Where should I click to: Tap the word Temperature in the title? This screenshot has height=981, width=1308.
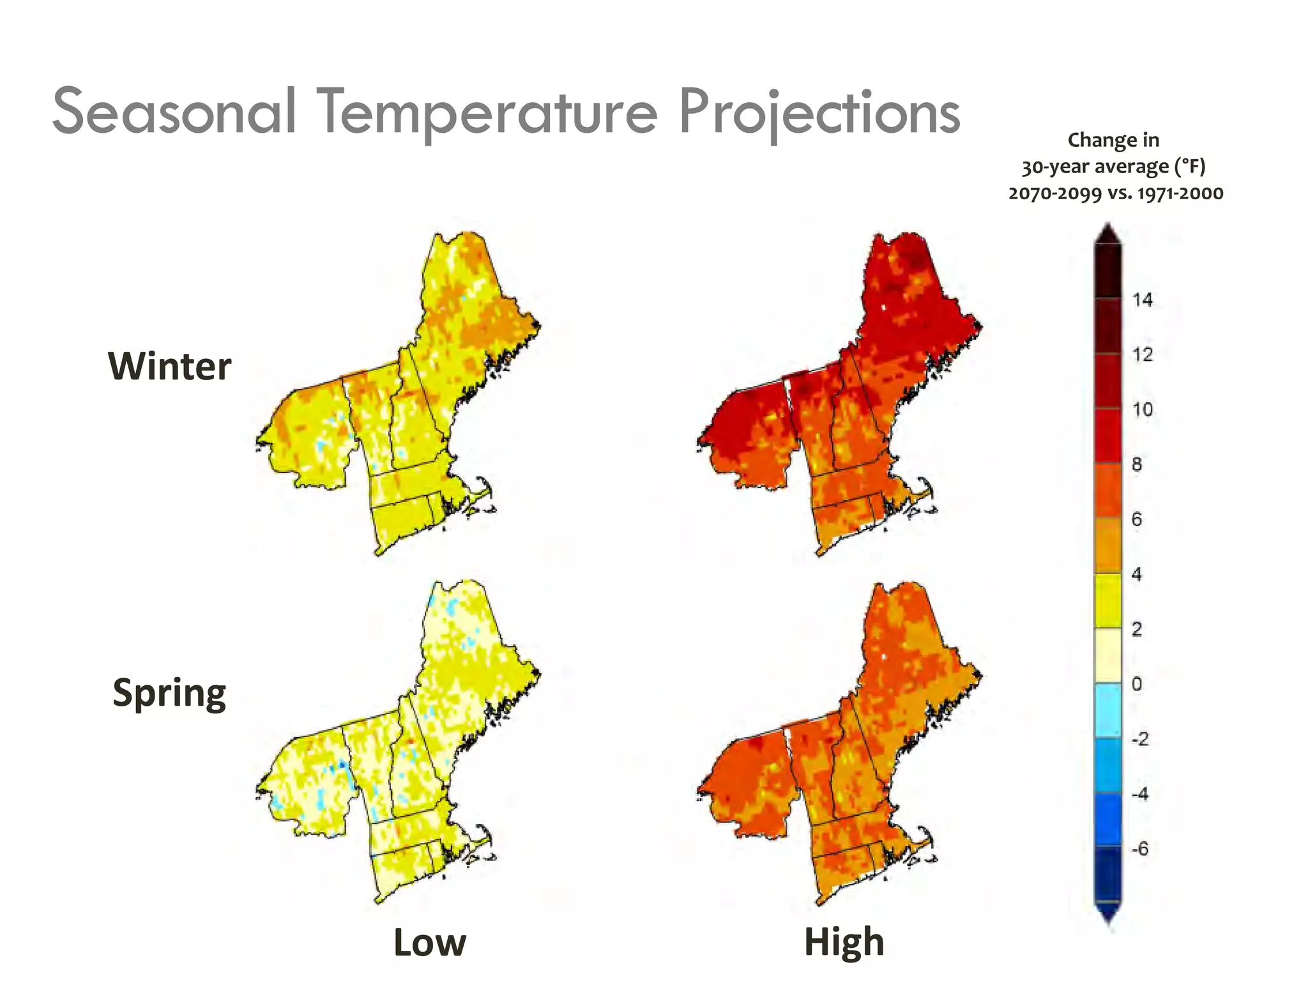(489, 113)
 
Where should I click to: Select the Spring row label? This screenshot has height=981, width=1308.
(169, 694)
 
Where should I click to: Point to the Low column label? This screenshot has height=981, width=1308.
(430, 943)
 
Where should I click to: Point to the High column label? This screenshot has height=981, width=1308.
(844, 942)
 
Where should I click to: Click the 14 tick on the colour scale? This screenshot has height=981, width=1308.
(1143, 300)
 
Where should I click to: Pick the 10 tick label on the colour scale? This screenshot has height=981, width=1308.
(1143, 409)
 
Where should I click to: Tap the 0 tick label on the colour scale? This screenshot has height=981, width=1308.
(1137, 684)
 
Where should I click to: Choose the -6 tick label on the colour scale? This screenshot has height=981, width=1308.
(1139, 849)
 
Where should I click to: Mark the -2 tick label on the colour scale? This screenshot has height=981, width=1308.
(1139, 739)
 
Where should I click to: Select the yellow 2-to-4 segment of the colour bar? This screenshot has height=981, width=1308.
(1108, 601)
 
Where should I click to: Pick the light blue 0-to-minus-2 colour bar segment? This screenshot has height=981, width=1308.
(1108, 711)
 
